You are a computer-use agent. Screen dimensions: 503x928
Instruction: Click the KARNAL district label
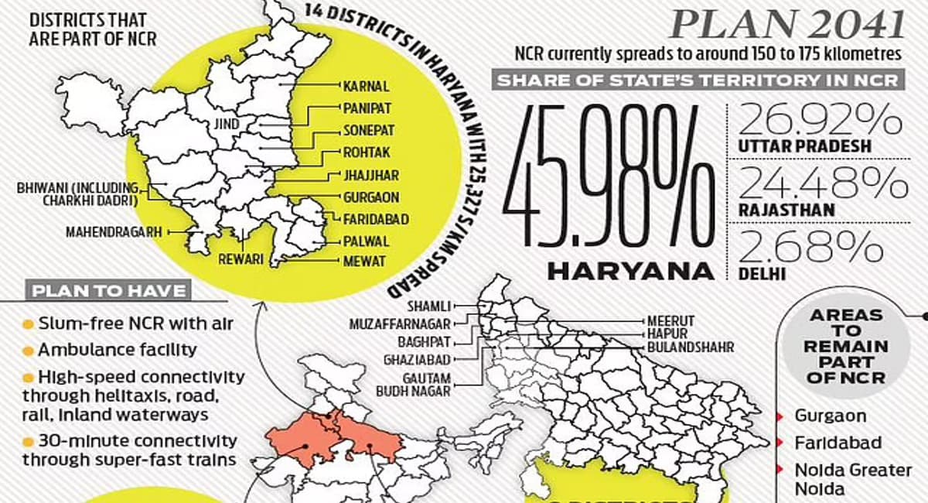click(x=366, y=87)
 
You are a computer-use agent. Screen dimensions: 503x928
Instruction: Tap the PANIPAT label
click(x=367, y=109)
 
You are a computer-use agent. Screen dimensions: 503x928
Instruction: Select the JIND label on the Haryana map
click(x=227, y=124)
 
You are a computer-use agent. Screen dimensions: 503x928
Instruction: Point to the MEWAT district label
click(x=364, y=262)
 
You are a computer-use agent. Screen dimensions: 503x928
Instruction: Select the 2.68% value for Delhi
click(x=811, y=248)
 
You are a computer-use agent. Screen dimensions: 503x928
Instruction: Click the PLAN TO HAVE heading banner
click(x=109, y=292)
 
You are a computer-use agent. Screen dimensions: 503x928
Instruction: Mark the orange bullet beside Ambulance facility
click(x=28, y=351)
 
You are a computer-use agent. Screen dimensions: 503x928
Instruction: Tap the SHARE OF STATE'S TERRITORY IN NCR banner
click(x=698, y=80)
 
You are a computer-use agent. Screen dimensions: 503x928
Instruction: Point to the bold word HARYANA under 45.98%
click(x=630, y=271)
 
